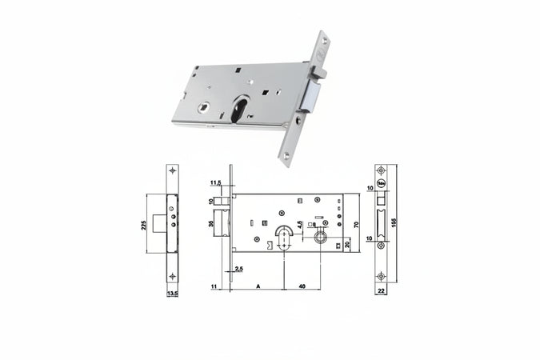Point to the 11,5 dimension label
pyautogui.click(x=215, y=183)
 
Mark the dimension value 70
pyautogui.click(x=355, y=224)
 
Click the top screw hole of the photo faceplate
pyautogui.click(x=322, y=50)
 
